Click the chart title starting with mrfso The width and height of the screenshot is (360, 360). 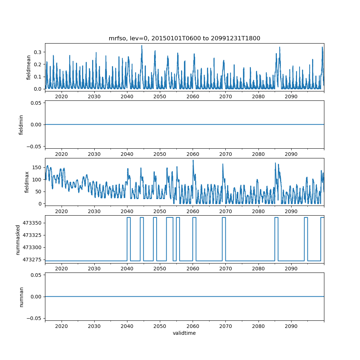coord(184,38)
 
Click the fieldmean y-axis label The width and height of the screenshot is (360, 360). coord(28,67)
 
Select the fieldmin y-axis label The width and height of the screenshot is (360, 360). coord(21,125)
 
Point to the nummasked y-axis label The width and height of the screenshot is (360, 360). coord(18,240)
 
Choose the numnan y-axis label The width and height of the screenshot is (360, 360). coord(21,297)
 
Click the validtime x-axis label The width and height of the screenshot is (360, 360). coord(184,333)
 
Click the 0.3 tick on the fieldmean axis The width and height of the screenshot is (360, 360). coord(37,52)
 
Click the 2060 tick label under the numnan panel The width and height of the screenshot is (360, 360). coord(193,326)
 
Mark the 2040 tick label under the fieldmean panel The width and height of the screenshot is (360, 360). coord(127,96)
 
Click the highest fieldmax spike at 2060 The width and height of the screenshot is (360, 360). coord(193,161)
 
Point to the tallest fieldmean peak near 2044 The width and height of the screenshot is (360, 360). coord(141,46)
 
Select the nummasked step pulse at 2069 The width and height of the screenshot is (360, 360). coord(224,218)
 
